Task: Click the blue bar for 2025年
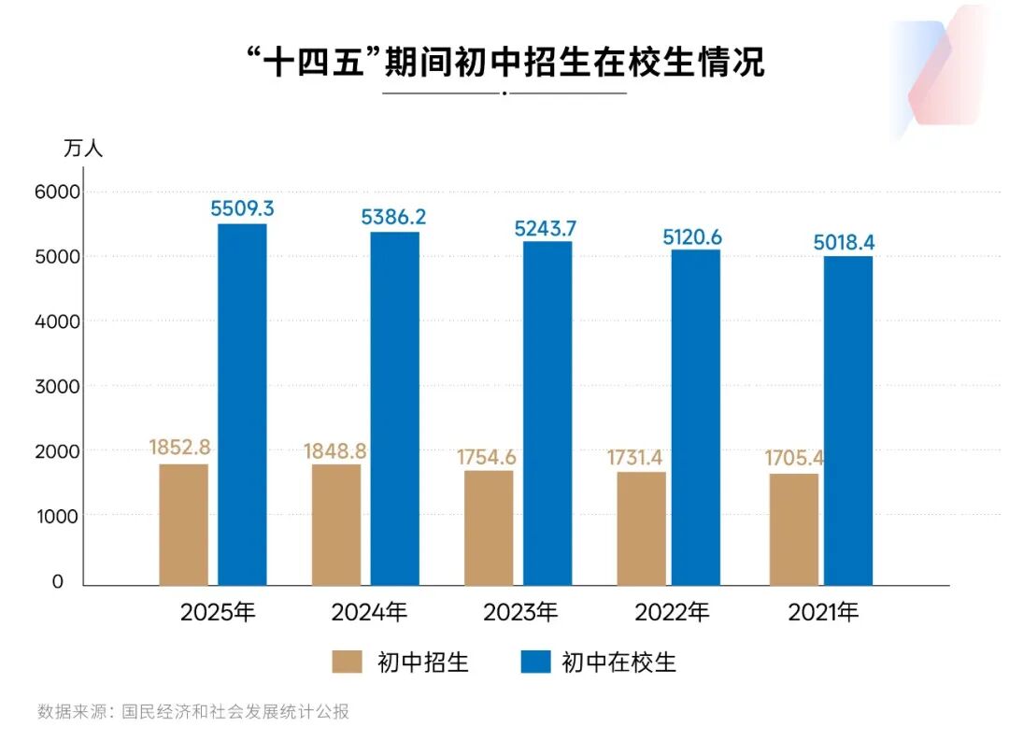[242, 405]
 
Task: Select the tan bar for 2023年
[489, 528]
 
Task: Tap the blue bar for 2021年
[848, 420]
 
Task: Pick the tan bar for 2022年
[641, 529]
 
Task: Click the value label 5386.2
[393, 217]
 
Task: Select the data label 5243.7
[547, 227]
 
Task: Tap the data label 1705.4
[792, 459]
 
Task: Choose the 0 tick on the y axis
[58, 581]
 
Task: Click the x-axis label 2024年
[369, 613]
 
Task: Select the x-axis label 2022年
[672, 613]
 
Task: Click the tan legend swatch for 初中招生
[347, 663]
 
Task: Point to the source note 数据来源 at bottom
[192, 711]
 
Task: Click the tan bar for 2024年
[336, 525]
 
